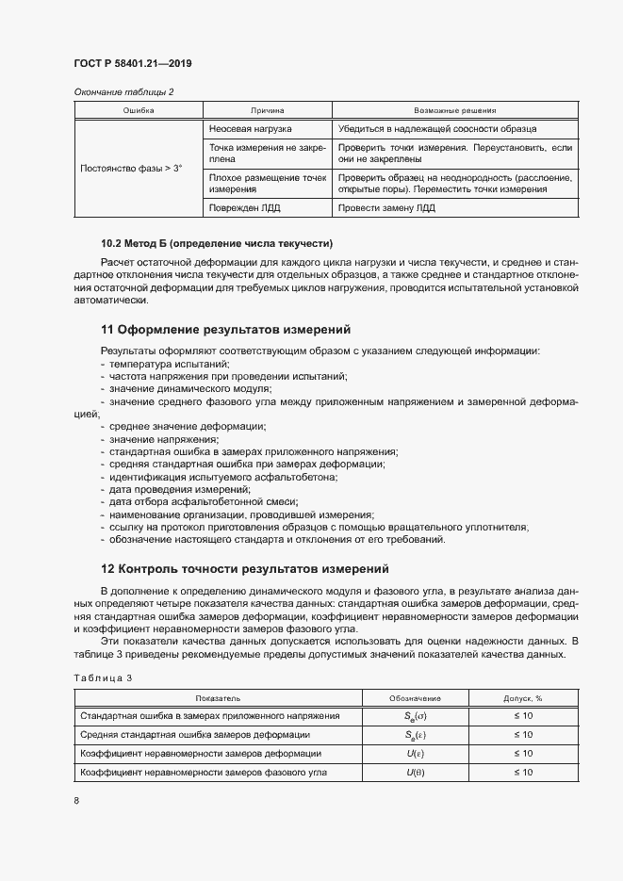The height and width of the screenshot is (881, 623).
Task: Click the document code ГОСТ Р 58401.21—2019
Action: pyautogui.click(x=132, y=63)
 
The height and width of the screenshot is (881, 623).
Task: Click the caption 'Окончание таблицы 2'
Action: pyautogui.click(x=123, y=92)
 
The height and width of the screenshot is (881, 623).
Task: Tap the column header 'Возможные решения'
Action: pyautogui.click(x=455, y=110)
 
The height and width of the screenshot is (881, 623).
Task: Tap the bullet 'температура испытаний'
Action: pyautogui.click(x=168, y=364)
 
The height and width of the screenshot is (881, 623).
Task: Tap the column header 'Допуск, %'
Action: pyautogui.click(x=522, y=698)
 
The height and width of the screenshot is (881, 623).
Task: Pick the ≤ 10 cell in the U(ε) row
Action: pyautogui.click(x=522, y=754)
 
